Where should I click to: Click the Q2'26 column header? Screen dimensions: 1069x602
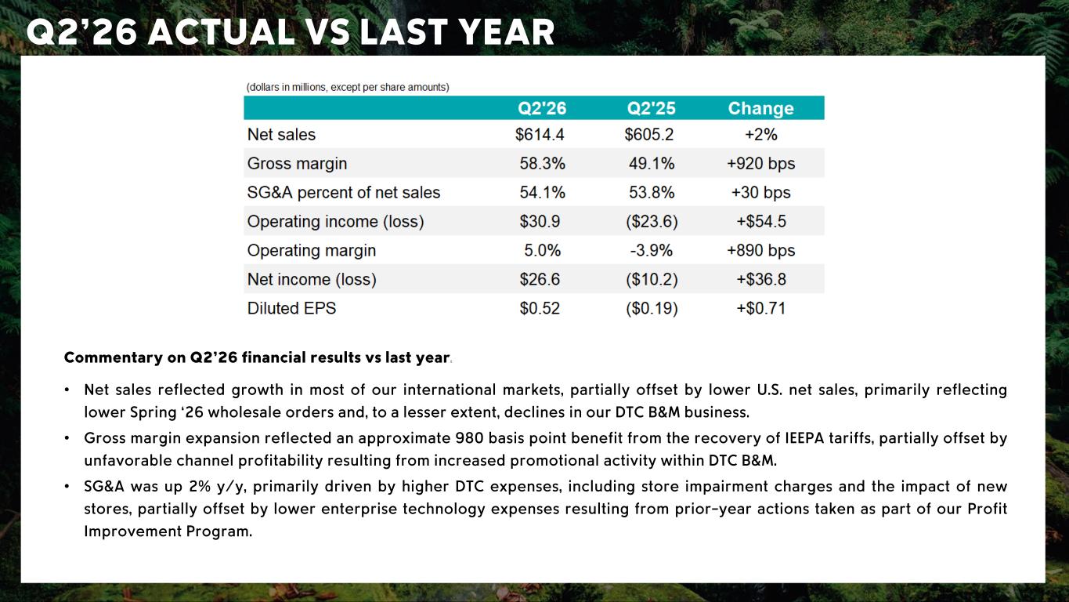pos(542,108)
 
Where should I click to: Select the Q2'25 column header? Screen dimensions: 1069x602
pos(651,108)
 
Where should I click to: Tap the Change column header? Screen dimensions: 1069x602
pos(760,108)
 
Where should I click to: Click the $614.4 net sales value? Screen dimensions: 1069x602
pos(540,135)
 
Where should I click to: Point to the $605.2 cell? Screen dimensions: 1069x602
pos(649,135)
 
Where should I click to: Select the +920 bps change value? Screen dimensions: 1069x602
pos(760,164)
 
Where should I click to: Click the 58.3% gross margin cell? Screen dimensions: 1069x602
pos(542,164)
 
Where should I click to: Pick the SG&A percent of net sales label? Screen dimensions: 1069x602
pos(344,193)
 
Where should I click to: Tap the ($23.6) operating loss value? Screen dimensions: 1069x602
pos(652,222)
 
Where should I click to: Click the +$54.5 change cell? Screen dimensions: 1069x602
pos(760,222)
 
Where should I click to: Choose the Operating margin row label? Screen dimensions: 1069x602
pos(312,251)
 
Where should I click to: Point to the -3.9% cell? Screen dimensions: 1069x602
pos(651,250)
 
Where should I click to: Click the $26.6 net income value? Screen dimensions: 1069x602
pos(540,280)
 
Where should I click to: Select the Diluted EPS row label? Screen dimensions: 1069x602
pos(291,309)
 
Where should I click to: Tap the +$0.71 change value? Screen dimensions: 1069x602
pos(760,309)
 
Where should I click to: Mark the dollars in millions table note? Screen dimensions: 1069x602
pos(348,88)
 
